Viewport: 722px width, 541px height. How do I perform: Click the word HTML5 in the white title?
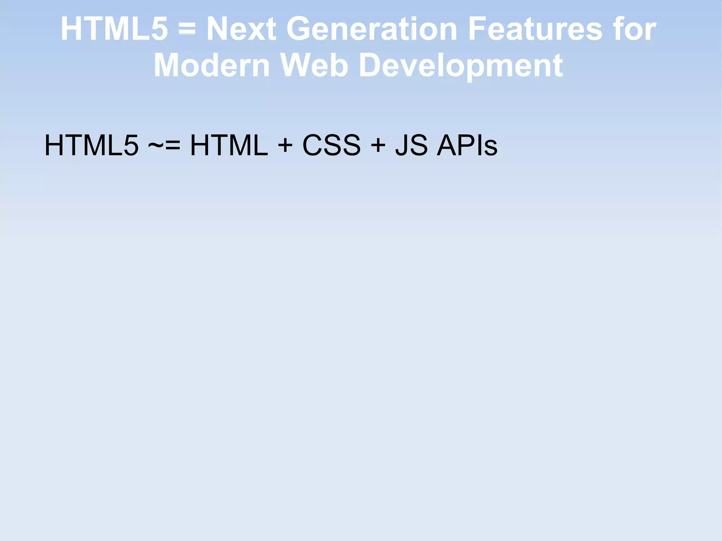click(x=114, y=29)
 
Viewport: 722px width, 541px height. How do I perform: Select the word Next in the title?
click(x=241, y=29)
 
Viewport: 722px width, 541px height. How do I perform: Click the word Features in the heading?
click(x=535, y=29)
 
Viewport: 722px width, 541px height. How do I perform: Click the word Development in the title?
click(x=460, y=66)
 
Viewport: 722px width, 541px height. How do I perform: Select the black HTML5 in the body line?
click(x=91, y=145)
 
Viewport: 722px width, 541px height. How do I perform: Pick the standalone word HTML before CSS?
click(x=229, y=145)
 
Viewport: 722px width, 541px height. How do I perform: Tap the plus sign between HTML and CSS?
click(x=285, y=146)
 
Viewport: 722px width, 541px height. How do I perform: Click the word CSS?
click(x=331, y=145)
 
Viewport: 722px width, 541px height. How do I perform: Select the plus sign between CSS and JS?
click(x=378, y=146)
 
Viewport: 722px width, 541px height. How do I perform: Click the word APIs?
click(x=467, y=145)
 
